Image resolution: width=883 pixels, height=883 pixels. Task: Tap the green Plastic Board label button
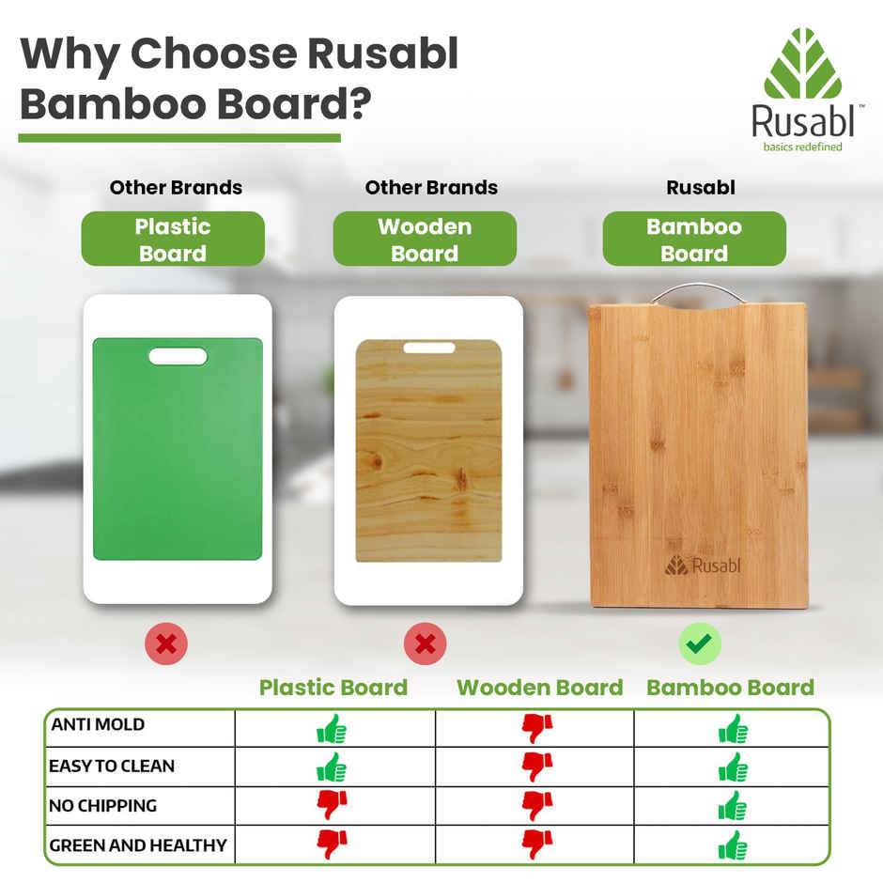pos(173,240)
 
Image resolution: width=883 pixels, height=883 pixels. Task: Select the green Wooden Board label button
pos(425,240)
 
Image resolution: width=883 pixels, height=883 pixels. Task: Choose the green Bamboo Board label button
pos(694,240)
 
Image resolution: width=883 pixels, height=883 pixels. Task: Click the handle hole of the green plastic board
pos(178,356)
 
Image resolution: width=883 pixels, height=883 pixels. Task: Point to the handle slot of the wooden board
pos(429,348)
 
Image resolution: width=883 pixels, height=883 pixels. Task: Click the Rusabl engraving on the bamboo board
pos(696,565)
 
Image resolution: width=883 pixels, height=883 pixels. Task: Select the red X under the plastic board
pos(166,644)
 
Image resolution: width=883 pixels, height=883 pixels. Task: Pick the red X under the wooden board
pos(425,644)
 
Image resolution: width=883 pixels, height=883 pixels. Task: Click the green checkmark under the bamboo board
pos(700,644)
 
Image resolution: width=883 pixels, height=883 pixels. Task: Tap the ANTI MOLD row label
pos(98,725)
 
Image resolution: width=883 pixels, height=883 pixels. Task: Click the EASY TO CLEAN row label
pos(112,767)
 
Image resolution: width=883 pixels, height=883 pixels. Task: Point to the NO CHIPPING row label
pos(103,806)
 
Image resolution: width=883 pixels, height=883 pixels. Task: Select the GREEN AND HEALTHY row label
pos(138,845)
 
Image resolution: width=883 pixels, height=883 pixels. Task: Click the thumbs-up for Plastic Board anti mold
pos(332,728)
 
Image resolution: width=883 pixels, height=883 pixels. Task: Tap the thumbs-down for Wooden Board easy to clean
pos(536,767)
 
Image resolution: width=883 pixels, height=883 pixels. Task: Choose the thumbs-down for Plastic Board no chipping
pos(332,805)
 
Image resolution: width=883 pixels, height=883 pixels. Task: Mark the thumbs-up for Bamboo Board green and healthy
pos(733,845)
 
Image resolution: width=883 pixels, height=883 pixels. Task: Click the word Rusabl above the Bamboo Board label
pos(701,188)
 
